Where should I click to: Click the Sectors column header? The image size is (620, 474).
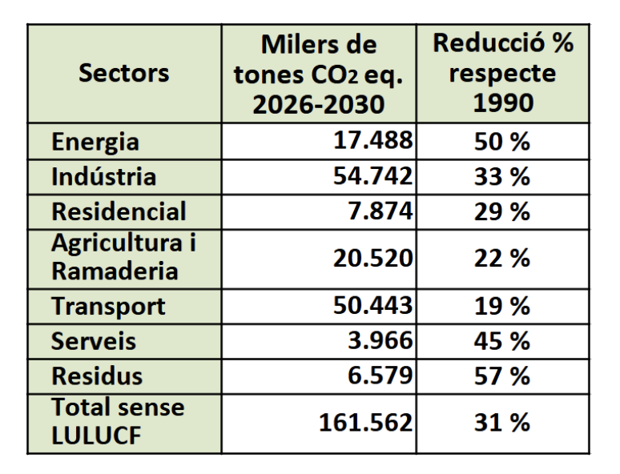tap(124, 74)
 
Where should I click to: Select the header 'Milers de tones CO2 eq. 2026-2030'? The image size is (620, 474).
tap(319, 74)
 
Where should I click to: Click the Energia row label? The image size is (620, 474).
tap(95, 142)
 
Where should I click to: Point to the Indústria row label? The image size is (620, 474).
tap(103, 177)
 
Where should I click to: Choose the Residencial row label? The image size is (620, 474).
tap(119, 212)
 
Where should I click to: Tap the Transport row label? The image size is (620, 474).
tap(108, 306)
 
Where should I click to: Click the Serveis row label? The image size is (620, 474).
tap(94, 341)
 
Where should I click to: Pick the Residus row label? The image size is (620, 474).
tap(97, 376)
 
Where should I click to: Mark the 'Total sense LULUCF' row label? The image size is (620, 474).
tap(118, 421)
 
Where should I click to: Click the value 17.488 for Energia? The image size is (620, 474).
tap(372, 141)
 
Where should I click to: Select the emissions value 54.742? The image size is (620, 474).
tap(372, 177)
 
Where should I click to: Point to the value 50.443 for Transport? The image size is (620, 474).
tap(372, 306)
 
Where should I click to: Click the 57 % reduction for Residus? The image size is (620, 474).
tap(501, 376)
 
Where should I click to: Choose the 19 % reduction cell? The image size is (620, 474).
tap(501, 306)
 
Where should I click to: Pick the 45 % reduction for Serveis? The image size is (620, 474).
tap(501, 341)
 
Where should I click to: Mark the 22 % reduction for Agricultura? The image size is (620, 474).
tap(501, 258)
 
